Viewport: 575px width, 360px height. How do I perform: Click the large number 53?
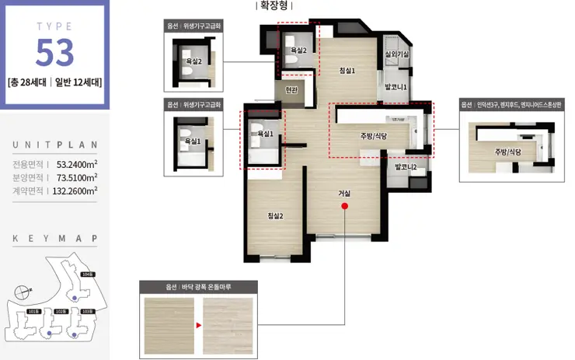coord(54,51)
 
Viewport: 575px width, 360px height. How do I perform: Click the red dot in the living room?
coord(344,207)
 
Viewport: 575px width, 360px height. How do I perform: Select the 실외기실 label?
coord(397,54)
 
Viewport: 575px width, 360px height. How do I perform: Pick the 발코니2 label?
coord(406,167)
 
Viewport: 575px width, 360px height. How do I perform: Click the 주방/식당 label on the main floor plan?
coord(373,136)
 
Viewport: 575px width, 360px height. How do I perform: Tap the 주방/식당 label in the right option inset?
coord(507,152)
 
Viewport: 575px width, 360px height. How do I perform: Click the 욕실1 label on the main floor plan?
coord(264,134)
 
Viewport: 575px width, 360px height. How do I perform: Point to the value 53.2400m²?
coord(76,164)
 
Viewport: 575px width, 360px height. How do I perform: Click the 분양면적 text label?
coord(29,177)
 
